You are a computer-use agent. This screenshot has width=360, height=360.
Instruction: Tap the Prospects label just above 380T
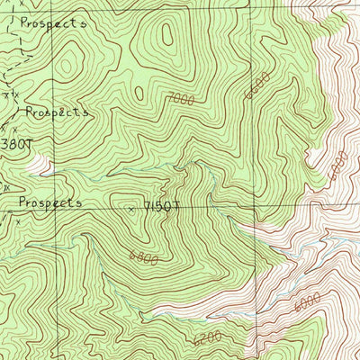[x=58, y=112]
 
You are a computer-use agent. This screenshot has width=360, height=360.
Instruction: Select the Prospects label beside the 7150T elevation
[x=49, y=203]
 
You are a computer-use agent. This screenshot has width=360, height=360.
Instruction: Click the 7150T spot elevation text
[x=160, y=207]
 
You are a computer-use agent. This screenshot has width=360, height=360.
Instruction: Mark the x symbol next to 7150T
[x=131, y=209]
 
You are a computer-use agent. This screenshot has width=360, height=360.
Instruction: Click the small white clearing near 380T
[x=39, y=164]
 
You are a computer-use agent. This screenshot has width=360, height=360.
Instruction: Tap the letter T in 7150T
[x=176, y=207]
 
